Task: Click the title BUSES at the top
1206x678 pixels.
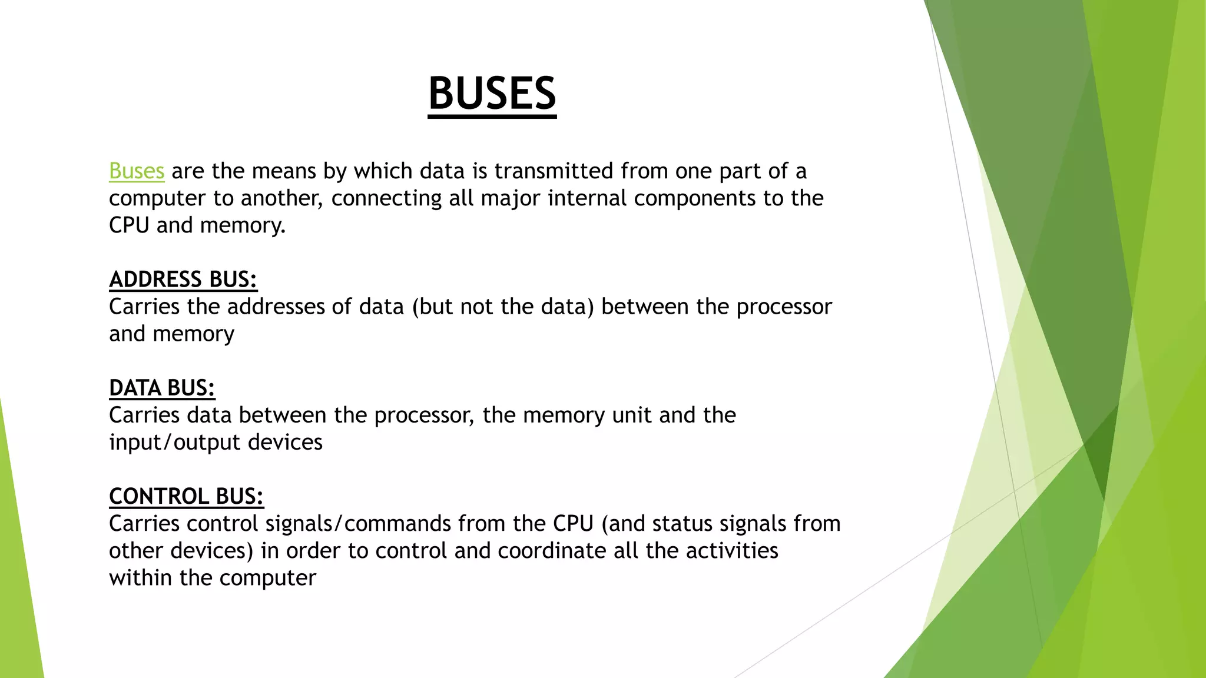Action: tap(492, 94)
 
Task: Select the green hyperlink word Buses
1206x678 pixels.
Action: tap(136, 171)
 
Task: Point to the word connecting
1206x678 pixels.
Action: tap(386, 198)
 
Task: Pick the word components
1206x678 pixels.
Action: tap(694, 198)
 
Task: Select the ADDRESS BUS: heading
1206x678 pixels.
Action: tap(183, 280)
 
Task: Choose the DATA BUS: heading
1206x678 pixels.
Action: tap(162, 388)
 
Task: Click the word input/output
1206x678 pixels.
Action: tap(175, 443)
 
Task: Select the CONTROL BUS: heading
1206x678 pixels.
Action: tap(186, 497)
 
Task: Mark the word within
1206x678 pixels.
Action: tap(141, 578)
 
